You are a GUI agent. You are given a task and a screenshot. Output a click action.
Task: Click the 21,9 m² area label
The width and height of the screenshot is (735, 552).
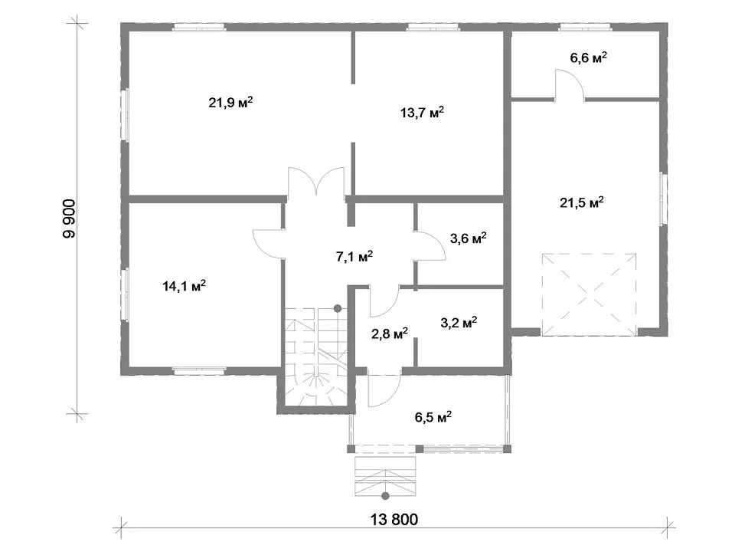pyautogui.click(x=230, y=102)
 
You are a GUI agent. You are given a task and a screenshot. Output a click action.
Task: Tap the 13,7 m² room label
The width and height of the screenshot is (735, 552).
pyautogui.click(x=423, y=112)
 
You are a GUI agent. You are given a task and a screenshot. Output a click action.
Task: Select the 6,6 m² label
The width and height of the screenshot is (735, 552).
pyautogui.click(x=589, y=58)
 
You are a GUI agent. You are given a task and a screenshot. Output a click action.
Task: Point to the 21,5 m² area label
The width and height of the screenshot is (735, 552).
pyautogui.click(x=582, y=202)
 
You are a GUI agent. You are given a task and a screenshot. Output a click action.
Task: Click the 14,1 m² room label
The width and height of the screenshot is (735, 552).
pyautogui.click(x=185, y=285)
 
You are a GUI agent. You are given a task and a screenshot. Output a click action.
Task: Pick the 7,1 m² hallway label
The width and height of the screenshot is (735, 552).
pyautogui.click(x=354, y=256)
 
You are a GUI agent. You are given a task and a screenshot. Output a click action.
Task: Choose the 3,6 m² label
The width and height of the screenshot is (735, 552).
pyautogui.click(x=469, y=238)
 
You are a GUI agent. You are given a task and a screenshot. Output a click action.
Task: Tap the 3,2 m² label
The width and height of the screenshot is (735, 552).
pyautogui.click(x=459, y=323)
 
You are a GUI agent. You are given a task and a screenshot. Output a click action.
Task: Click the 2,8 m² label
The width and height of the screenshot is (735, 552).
pyautogui.click(x=390, y=333)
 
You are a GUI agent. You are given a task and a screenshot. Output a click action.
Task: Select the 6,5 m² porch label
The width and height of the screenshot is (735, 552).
pyautogui.click(x=433, y=417)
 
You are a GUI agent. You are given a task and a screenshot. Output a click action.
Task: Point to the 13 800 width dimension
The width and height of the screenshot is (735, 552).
pyautogui.click(x=394, y=520)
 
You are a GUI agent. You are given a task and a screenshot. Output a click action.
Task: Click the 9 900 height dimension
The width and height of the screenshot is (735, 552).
pyautogui.click(x=69, y=219)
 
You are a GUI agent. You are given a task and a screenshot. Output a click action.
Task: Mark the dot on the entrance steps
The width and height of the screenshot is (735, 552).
pyautogui.click(x=385, y=496)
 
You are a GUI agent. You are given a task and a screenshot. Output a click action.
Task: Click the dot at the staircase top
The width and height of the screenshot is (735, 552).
pyautogui.click(x=338, y=308)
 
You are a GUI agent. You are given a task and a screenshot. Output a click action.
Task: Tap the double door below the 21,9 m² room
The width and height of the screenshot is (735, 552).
pyautogui.click(x=317, y=181)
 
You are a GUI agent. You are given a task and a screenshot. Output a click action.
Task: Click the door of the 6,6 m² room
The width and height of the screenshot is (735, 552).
pyautogui.click(x=570, y=84)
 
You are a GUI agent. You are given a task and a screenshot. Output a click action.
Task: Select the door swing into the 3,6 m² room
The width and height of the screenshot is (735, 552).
pyautogui.click(x=430, y=246)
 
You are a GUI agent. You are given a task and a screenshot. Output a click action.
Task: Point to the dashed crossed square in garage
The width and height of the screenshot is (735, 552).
pyautogui.click(x=590, y=294)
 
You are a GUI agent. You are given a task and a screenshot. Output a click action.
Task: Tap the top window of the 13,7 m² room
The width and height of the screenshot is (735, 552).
pyautogui.click(x=432, y=28)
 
